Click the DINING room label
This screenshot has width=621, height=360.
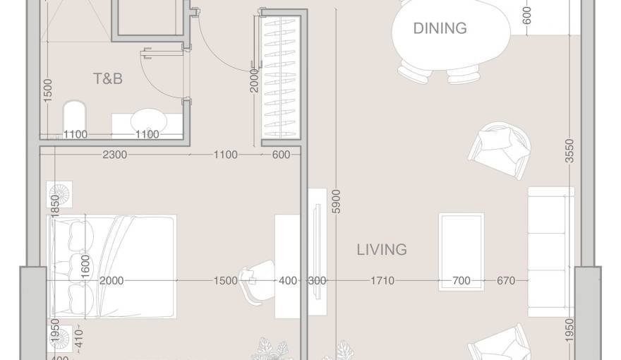click(440, 28)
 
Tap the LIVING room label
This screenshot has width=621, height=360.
click(381, 249)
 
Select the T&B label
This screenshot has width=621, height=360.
click(108, 78)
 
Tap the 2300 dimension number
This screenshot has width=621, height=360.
click(114, 155)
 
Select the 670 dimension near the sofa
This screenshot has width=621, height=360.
click(506, 281)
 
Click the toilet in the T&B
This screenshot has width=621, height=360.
click(74, 116)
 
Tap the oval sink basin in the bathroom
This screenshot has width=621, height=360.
click(147, 117)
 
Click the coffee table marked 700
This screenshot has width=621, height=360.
click(461, 251)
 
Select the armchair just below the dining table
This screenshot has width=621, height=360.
click(500, 148)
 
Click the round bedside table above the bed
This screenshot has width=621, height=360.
click(59, 193)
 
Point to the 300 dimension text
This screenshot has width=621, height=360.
click(318, 281)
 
